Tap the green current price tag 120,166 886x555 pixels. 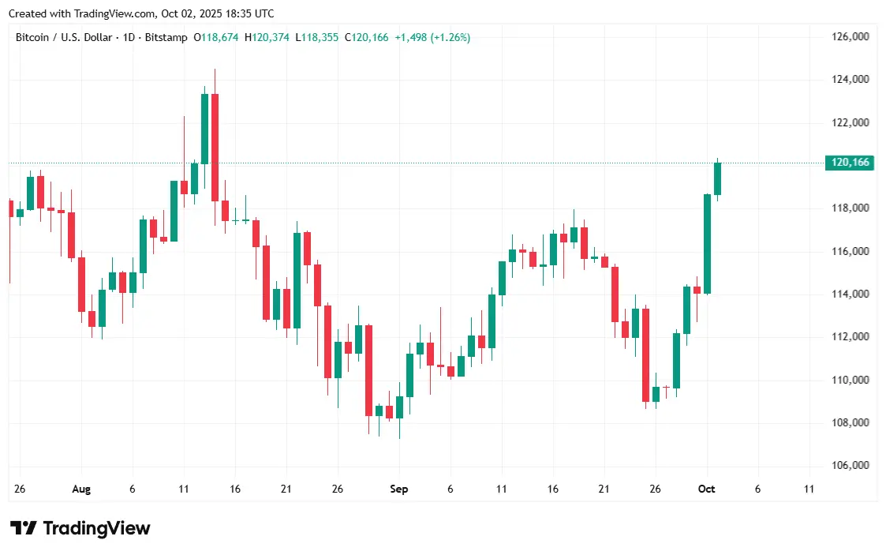(850, 163)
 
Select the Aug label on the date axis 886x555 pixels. (81, 489)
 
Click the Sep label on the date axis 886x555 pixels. (399, 489)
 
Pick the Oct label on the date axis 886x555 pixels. (706, 489)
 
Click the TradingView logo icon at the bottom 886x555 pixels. (24, 528)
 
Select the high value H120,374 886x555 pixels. (267, 37)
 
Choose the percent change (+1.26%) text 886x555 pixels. (450, 37)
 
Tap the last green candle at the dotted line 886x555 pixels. (717, 178)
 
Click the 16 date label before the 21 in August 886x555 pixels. (234, 489)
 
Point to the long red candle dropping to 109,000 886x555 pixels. (645, 355)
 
